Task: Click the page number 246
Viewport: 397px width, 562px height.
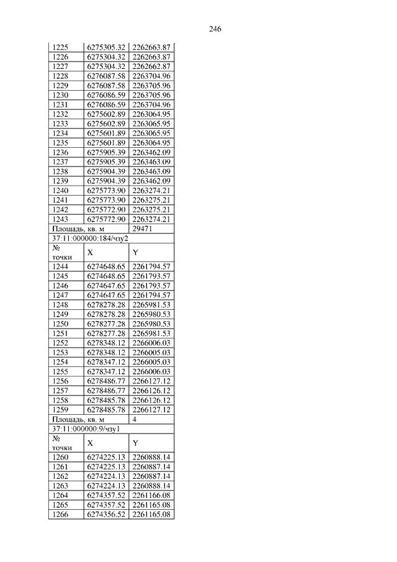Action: (x=215, y=29)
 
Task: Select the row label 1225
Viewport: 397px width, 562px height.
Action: (x=60, y=47)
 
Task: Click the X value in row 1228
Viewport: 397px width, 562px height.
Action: (x=107, y=76)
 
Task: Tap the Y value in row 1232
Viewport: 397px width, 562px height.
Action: (x=151, y=114)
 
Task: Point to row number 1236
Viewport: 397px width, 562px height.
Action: (x=60, y=152)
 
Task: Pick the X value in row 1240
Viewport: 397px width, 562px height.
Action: (x=107, y=191)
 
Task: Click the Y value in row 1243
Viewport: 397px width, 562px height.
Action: (x=151, y=219)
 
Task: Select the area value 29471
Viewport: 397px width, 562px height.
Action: (x=143, y=229)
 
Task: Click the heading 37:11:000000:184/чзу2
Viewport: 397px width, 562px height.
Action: (x=89, y=238)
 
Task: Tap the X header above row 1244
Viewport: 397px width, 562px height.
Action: (x=91, y=253)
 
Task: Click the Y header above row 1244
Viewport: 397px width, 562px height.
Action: (x=135, y=253)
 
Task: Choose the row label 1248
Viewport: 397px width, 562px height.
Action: (x=60, y=305)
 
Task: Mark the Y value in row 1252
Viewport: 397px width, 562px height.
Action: (x=151, y=343)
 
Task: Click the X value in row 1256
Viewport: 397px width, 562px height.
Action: (x=107, y=381)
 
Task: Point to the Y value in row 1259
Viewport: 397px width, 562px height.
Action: (x=151, y=410)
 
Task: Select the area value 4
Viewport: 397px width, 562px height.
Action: (x=135, y=419)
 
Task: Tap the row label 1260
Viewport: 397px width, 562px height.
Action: (x=60, y=457)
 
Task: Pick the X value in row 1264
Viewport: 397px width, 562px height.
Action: (x=107, y=496)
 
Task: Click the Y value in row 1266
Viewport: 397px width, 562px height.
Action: (x=151, y=515)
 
